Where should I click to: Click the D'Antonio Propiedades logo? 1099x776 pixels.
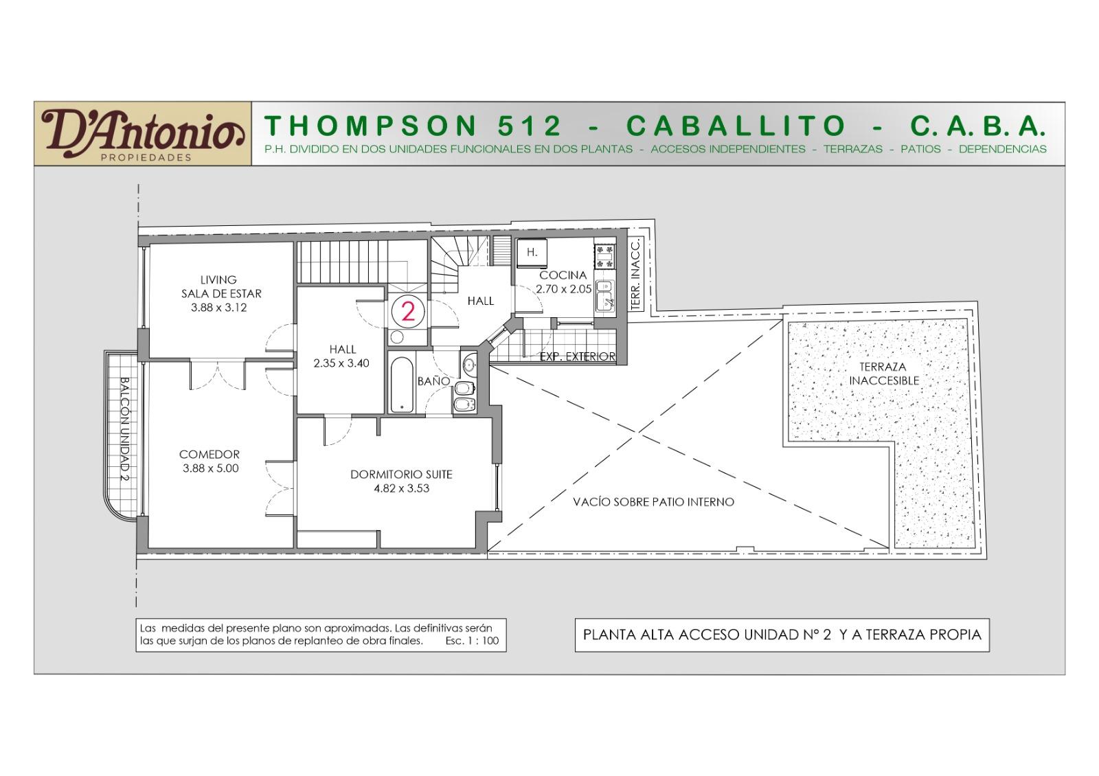143,134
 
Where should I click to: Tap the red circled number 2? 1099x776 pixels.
408,311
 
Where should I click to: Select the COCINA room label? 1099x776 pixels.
563,275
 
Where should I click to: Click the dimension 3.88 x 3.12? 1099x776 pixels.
219,308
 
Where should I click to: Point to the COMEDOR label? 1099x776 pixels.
209,454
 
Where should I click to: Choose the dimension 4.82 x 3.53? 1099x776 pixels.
401,488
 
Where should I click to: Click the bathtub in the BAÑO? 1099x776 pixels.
402,384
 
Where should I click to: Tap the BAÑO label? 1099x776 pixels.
433,381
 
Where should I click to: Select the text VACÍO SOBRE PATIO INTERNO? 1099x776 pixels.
653,502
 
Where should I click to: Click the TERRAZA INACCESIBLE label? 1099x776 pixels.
883,374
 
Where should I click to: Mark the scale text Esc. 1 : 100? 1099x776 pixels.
472,641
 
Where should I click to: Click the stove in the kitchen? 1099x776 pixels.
604,257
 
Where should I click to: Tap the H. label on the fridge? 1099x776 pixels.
532,253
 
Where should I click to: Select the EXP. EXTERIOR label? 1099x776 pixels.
578,356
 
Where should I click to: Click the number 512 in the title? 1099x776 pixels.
530,126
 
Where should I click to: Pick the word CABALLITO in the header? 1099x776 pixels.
736,126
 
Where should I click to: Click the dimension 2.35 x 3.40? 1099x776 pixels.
341,363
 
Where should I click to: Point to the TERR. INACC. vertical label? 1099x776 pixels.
636,275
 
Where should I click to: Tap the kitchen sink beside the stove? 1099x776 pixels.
605,296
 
